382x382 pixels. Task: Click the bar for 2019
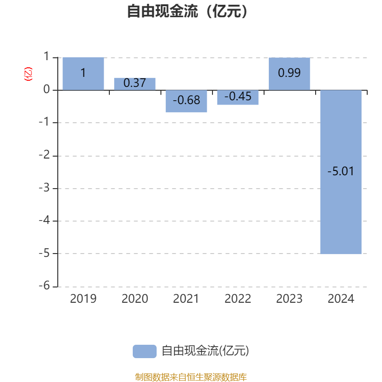(83, 74)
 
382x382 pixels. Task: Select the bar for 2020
(135, 84)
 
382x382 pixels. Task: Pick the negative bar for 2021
(186, 101)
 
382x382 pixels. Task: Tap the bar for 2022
(238, 97)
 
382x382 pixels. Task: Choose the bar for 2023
(289, 74)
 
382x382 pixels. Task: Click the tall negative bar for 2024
(341, 172)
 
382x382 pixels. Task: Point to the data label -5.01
(340, 171)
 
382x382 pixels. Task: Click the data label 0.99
(289, 73)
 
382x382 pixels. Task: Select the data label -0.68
(186, 100)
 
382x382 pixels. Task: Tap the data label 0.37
(135, 83)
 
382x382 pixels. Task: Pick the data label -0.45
(238, 96)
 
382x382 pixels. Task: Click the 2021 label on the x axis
(186, 299)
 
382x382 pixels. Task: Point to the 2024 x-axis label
(341, 299)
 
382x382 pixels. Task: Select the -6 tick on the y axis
(44, 285)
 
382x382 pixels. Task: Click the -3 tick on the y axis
(44, 188)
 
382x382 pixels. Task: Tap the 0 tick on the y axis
(46, 89)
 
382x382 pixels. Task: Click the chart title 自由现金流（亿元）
(188, 11)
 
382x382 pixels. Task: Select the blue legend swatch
(145, 351)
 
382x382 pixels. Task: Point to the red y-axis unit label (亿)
(28, 74)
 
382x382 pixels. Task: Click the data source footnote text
(191, 377)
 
